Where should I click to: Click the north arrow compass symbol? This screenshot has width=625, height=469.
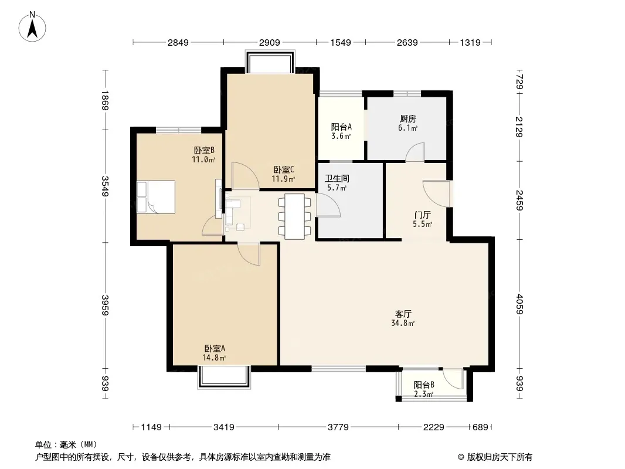click(32, 27)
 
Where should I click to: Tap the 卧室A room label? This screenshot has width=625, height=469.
click(215, 348)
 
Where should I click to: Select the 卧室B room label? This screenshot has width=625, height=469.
click(204, 150)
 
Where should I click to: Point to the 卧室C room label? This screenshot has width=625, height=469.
click(284, 170)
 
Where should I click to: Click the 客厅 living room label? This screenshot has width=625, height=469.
click(403, 314)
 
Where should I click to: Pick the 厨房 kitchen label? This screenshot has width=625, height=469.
click(407, 119)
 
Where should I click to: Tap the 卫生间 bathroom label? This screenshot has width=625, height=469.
click(337, 179)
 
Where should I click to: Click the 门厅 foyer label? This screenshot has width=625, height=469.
click(423, 215)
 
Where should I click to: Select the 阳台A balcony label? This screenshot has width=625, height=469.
click(341, 127)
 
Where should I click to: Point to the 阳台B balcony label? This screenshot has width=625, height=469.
click(424, 385)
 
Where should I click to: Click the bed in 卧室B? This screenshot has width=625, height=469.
click(156, 197)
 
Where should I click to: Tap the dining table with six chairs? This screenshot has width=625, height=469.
click(294, 216)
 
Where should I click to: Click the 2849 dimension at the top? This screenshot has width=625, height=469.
click(178, 42)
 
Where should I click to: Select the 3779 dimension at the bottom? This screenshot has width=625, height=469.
click(338, 427)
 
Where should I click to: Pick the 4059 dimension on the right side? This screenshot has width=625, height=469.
click(519, 304)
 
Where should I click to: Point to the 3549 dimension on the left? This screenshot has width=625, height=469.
click(105, 186)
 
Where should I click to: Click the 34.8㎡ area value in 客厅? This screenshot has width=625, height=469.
click(403, 323)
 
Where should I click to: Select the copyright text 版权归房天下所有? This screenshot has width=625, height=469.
click(500, 457)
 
